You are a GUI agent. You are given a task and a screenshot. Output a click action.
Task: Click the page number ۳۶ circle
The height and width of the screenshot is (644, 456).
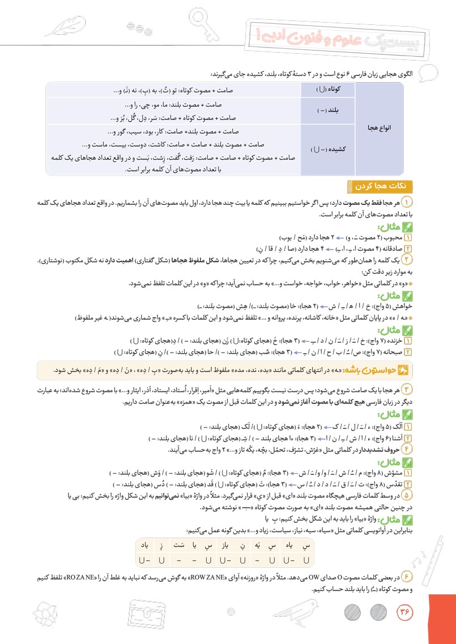pyautogui.click(x=404, y=612)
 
